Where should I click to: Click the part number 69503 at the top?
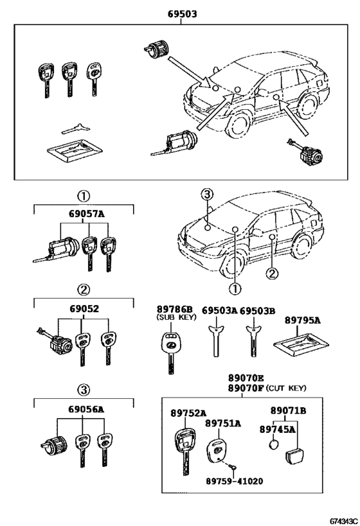[183, 14]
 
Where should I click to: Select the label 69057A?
[87, 214]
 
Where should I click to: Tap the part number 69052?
[84, 309]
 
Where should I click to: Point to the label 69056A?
[86, 409]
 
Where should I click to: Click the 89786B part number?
[175, 310]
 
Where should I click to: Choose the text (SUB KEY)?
[176, 317]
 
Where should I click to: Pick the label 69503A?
[220, 311]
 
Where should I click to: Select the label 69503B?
[257, 311]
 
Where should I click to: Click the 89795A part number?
[303, 320]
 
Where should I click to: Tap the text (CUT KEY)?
[286, 388]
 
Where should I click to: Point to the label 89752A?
[188, 413]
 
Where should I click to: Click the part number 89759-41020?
[235, 481]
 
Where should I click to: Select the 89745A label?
[277, 429]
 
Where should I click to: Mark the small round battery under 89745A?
[274, 445]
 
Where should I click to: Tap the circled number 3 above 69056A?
[84, 390]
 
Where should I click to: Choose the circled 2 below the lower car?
[272, 274]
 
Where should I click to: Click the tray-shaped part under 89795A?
[301, 346]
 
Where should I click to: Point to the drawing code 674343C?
[345, 522]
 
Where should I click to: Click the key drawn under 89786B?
[172, 352]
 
